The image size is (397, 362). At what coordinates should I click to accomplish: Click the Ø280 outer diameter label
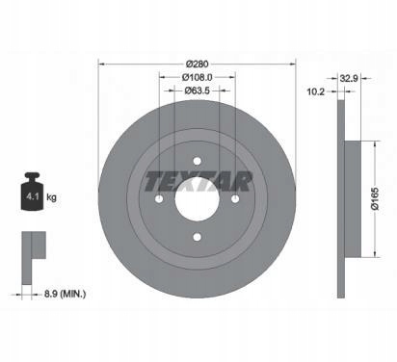tap(198, 64)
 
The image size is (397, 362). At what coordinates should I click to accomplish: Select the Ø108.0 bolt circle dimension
tap(198, 77)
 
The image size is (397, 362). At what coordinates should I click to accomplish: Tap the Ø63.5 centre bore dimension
tap(198, 90)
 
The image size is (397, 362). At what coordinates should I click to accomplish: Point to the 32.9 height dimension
tap(349, 78)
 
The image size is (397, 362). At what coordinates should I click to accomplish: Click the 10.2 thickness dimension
tap(316, 91)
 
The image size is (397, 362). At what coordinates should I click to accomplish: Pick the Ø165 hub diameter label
tap(375, 199)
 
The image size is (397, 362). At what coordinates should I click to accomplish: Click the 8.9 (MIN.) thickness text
tap(65, 294)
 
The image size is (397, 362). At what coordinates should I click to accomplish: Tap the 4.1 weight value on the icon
tap(33, 196)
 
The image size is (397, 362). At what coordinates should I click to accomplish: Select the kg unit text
tap(51, 196)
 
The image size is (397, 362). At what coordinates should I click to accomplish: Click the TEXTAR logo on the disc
tap(198, 182)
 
